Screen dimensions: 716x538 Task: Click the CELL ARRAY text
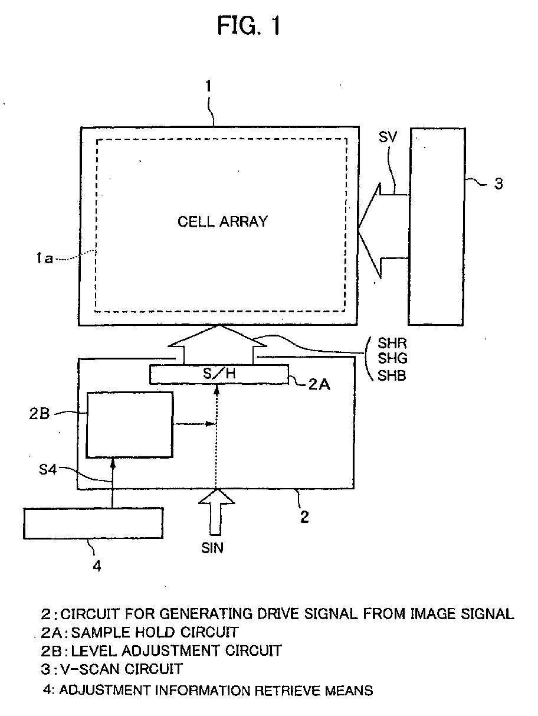point(222,222)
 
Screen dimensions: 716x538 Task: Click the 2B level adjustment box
point(130,424)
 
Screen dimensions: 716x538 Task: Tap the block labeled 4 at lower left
point(93,522)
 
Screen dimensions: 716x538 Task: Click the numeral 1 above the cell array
point(208,87)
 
